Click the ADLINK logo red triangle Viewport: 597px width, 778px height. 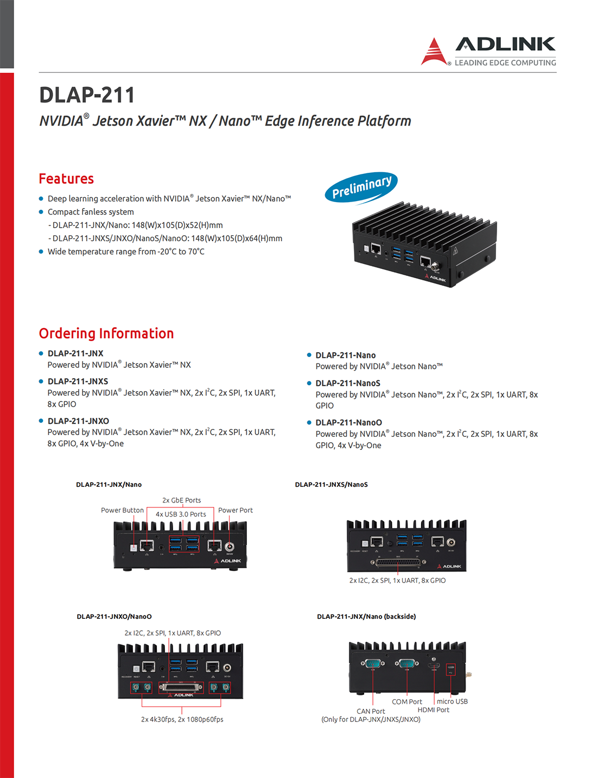[x=434, y=53]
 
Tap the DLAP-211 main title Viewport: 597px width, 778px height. [x=87, y=95]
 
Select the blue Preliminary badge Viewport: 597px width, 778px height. [x=361, y=187]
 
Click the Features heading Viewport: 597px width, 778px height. [x=66, y=179]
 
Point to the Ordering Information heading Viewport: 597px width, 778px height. [x=106, y=334]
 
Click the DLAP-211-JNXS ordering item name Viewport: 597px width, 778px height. [x=78, y=381]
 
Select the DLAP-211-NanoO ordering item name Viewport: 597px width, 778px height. [x=348, y=423]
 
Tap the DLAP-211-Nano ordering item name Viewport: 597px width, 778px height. [x=345, y=355]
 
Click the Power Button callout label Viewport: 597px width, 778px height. [x=122, y=510]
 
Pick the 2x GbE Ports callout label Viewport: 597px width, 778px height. [x=181, y=500]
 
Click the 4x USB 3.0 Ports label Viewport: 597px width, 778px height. [x=181, y=515]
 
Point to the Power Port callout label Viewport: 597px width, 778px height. [x=235, y=510]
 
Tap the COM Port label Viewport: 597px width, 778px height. [x=407, y=702]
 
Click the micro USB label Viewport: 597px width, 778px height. [x=452, y=701]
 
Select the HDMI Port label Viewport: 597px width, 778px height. [x=433, y=710]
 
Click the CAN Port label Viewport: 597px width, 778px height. [x=371, y=711]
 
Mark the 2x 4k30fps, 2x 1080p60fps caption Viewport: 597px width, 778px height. [x=182, y=719]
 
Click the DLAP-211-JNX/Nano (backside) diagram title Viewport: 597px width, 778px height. [x=366, y=617]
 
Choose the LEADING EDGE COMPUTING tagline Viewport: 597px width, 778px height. [x=505, y=63]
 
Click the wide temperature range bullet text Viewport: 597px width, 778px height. [x=126, y=252]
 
